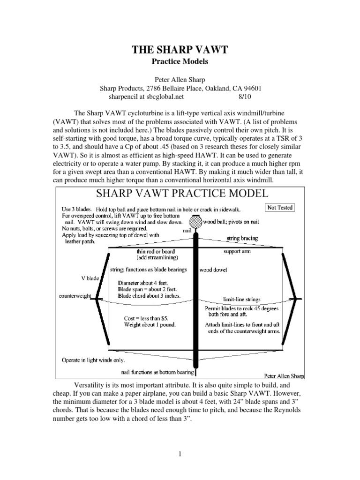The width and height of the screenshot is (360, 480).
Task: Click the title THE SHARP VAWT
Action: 180,51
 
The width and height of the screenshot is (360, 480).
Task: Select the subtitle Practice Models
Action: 180,61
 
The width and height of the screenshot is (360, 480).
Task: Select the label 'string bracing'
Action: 242,238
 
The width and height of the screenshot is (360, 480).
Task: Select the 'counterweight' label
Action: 74,297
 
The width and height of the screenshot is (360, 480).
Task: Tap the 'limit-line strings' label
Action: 241,299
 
